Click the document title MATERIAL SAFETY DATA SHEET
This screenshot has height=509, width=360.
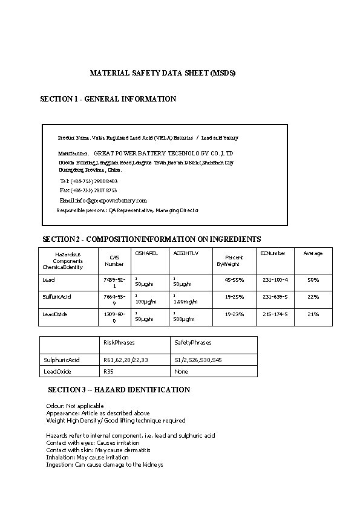click(x=162, y=73)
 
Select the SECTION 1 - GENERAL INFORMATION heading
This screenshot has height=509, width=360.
click(x=108, y=99)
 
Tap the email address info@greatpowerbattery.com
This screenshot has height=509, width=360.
click(x=103, y=200)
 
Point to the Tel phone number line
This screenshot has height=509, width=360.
click(x=89, y=181)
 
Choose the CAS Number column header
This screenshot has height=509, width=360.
click(x=114, y=261)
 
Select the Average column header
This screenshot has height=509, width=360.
click(x=313, y=253)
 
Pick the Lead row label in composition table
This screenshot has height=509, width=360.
click(x=48, y=280)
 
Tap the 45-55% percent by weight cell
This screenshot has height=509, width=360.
click(x=234, y=280)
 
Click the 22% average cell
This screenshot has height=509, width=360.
click(x=313, y=297)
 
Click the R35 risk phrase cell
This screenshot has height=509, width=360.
click(x=109, y=371)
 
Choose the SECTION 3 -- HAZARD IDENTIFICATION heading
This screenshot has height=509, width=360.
click(x=119, y=390)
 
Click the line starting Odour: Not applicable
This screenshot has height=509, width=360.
click(x=75, y=406)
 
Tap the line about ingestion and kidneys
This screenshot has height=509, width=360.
click(x=105, y=465)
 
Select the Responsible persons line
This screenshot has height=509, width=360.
click(x=127, y=210)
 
